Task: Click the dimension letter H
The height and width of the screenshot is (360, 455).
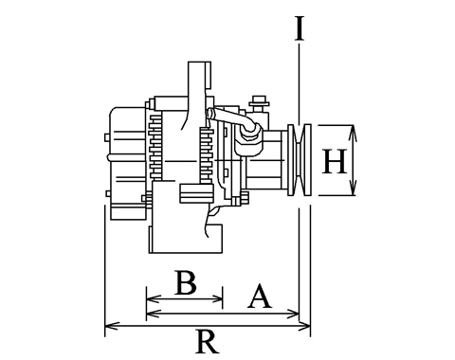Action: (335, 162)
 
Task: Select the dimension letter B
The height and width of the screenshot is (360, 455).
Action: (186, 282)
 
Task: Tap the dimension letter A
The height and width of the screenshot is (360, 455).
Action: (260, 296)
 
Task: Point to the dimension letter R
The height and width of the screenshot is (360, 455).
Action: (208, 341)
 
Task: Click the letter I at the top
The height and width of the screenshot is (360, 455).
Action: (300, 29)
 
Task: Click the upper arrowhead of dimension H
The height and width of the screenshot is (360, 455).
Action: (353, 132)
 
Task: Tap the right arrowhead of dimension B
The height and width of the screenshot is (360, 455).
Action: (217, 298)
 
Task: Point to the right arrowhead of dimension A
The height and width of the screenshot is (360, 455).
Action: (292, 314)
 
